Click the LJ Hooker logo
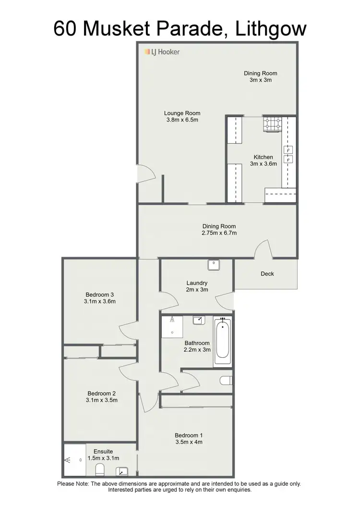[162, 51]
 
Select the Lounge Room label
[181, 113]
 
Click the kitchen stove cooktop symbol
[272, 124]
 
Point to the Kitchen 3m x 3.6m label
[263, 160]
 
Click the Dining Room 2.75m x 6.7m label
[219, 230]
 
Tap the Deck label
[267, 274]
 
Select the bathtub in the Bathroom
[222, 342]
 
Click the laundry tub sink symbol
[214, 265]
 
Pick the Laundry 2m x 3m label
[197, 286]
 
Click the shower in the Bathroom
[171, 326]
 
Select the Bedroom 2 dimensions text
[101, 400]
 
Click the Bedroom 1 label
[189, 439]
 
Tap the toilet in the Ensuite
[100, 469]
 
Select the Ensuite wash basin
[121, 471]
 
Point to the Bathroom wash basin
[200, 320]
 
